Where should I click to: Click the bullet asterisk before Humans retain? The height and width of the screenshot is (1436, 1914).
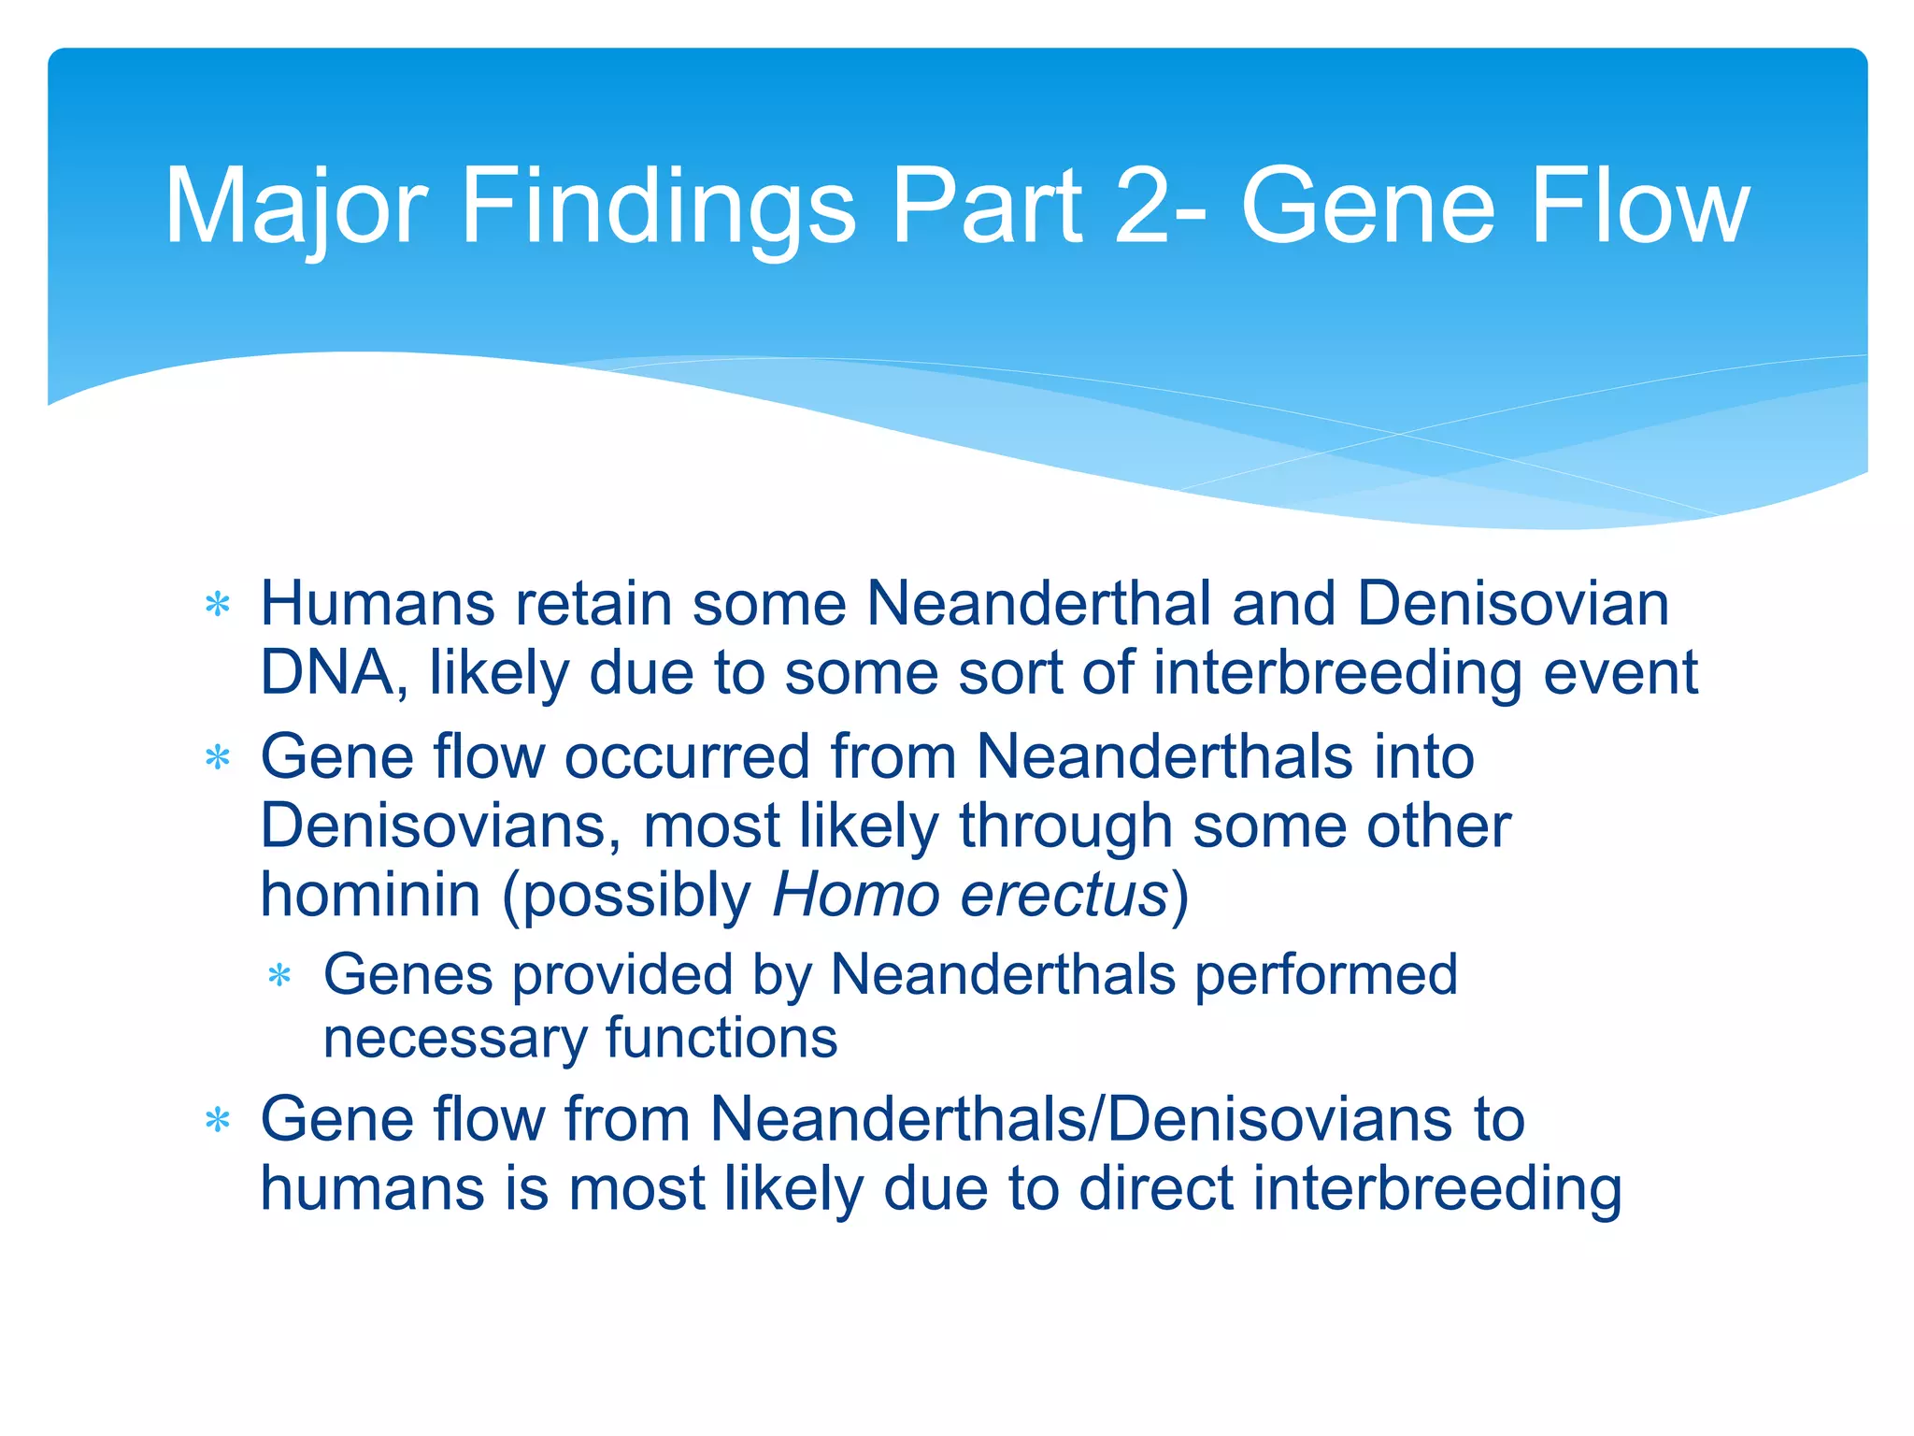click(x=218, y=605)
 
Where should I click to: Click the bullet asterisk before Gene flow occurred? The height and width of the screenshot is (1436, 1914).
click(x=218, y=757)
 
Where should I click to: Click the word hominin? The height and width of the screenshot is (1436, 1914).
click(x=371, y=895)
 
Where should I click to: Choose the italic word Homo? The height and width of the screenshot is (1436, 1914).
click(x=855, y=895)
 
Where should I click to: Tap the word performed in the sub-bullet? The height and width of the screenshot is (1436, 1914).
click(x=1326, y=975)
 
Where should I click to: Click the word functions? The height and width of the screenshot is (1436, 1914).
click(x=721, y=1038)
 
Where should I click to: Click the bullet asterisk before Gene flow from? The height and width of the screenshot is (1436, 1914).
click(x=218, y=1120)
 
